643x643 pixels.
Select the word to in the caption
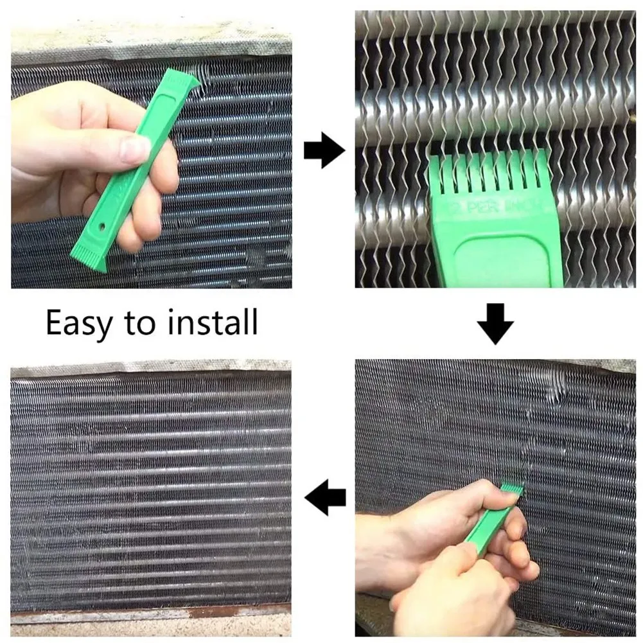(x=139, y=323)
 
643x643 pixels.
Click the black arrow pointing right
(x=324, y=152)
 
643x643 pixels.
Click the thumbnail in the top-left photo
(x=136, y=149)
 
